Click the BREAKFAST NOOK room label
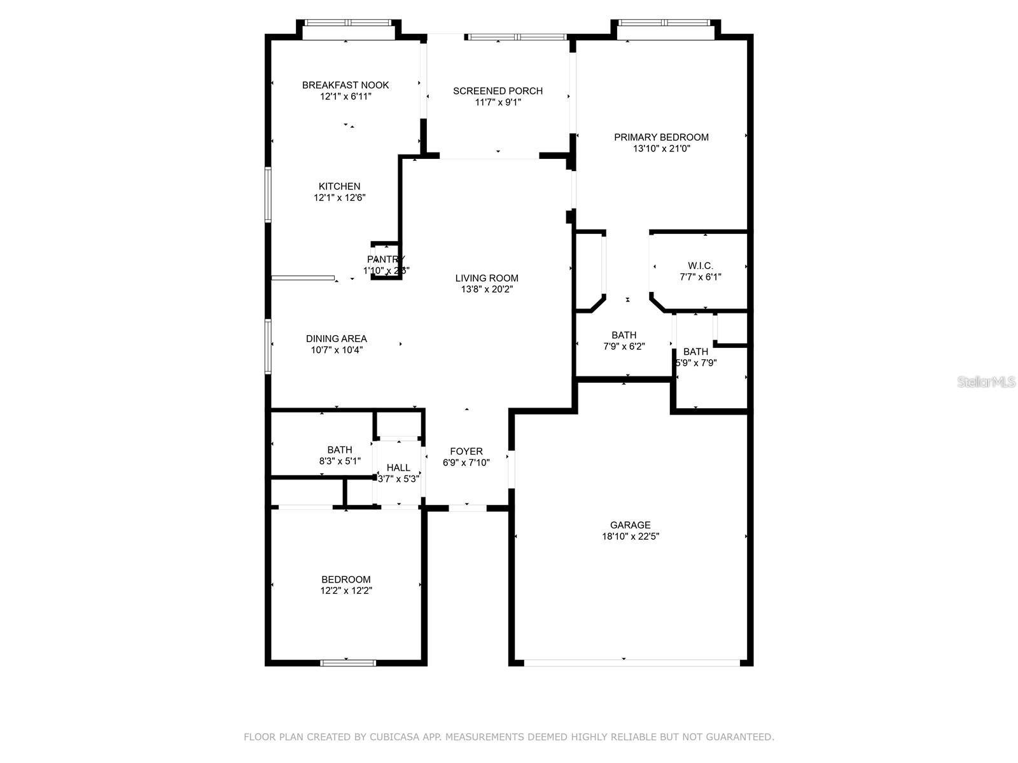tap(345, 85)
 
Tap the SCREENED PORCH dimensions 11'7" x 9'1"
tap(498, 102)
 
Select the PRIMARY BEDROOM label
tap(661, 137)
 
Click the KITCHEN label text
tap(339, 186)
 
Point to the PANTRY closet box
tap(386, 261)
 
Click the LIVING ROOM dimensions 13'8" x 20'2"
tap(487, 289)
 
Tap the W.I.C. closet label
tap(700, 266)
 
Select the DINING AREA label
tap(336, 339)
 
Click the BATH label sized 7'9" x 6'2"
tap(624, 335)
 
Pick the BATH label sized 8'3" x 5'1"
tap(340, 450)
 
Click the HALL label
tap(398, 468)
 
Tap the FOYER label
tap(466, 451)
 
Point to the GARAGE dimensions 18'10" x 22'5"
tap(630, 537)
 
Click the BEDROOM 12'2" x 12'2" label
tap(345, 580)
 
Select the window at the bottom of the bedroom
tap(347, 663)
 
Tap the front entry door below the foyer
tap(468, 508)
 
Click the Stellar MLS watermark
tap(986, 382)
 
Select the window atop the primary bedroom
tap(664, 23)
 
